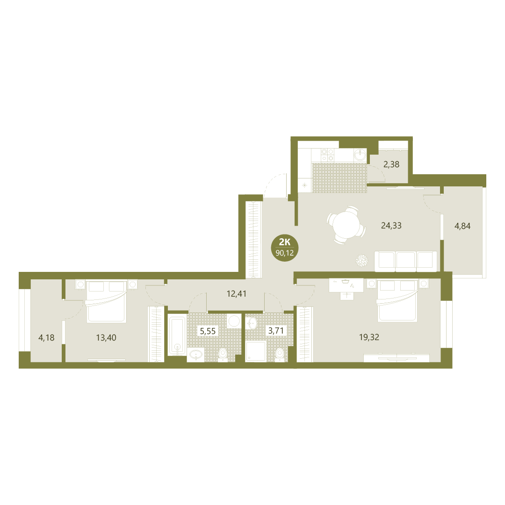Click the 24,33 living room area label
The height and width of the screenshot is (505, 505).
[x=391, y=226]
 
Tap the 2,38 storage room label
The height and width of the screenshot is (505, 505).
[x=391, y=164]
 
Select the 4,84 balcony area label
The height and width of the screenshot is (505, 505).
[x=462, y=226]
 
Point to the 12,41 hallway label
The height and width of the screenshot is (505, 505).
[x=237, y=294]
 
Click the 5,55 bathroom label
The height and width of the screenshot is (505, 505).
[x=208, y=331]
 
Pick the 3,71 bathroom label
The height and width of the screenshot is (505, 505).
[x=276, y=330]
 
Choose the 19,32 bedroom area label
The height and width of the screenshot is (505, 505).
[x=369, y=337]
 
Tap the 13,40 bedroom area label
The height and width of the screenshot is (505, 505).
[x=106, y=338]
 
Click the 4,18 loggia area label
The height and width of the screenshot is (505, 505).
[x=46, y=338]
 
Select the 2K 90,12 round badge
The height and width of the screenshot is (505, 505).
[x=285, y=248]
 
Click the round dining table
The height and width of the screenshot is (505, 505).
[x=346, y=225]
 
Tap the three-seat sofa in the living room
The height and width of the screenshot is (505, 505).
[x=406, y=261]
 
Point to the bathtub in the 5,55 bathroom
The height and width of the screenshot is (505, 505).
[x=177, y=335]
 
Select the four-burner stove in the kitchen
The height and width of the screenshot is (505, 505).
[x=327, y=155]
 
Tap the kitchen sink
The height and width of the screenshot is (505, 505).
[x=360, y=155]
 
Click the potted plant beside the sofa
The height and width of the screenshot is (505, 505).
[x=361, y=261]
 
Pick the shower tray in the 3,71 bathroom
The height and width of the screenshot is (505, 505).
[x=256, y=351]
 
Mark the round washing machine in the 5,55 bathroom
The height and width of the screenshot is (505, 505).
[x=234, y=321]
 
